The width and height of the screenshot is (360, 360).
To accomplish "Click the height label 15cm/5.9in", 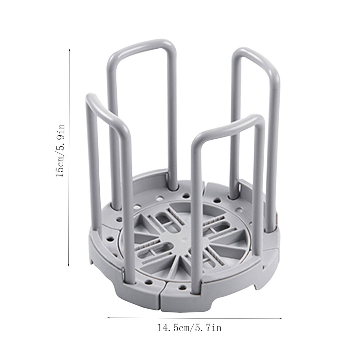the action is click(60, 151).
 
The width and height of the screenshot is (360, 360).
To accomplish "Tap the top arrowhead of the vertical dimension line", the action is click(69, 49).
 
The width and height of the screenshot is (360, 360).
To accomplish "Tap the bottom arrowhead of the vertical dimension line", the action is click(69, 265).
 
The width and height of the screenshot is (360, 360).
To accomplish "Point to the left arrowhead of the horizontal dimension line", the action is click(109, 317).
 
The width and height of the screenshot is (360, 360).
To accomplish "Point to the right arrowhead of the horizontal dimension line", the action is click(280, 318).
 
